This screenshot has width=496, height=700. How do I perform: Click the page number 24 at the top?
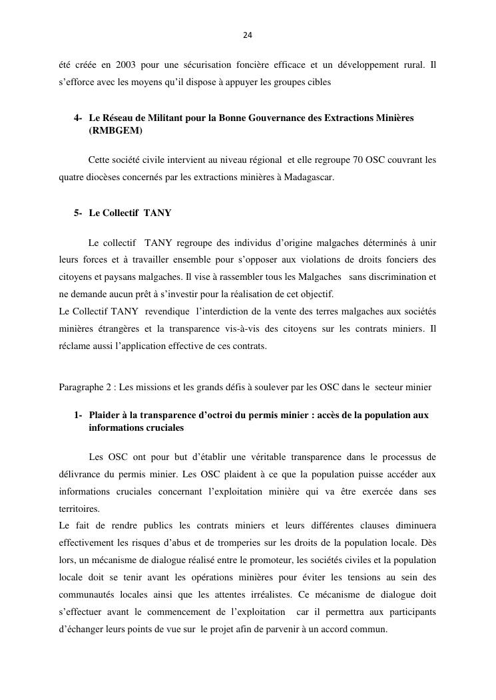click(x=248, y=35)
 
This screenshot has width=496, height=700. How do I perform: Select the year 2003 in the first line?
click(x=124, y=65)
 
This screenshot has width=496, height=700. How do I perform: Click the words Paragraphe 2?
click(x=86, y=387)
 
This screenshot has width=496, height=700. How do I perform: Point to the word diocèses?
click(x=109, y=177)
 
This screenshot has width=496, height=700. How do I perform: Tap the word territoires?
click(x=78, y=509)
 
